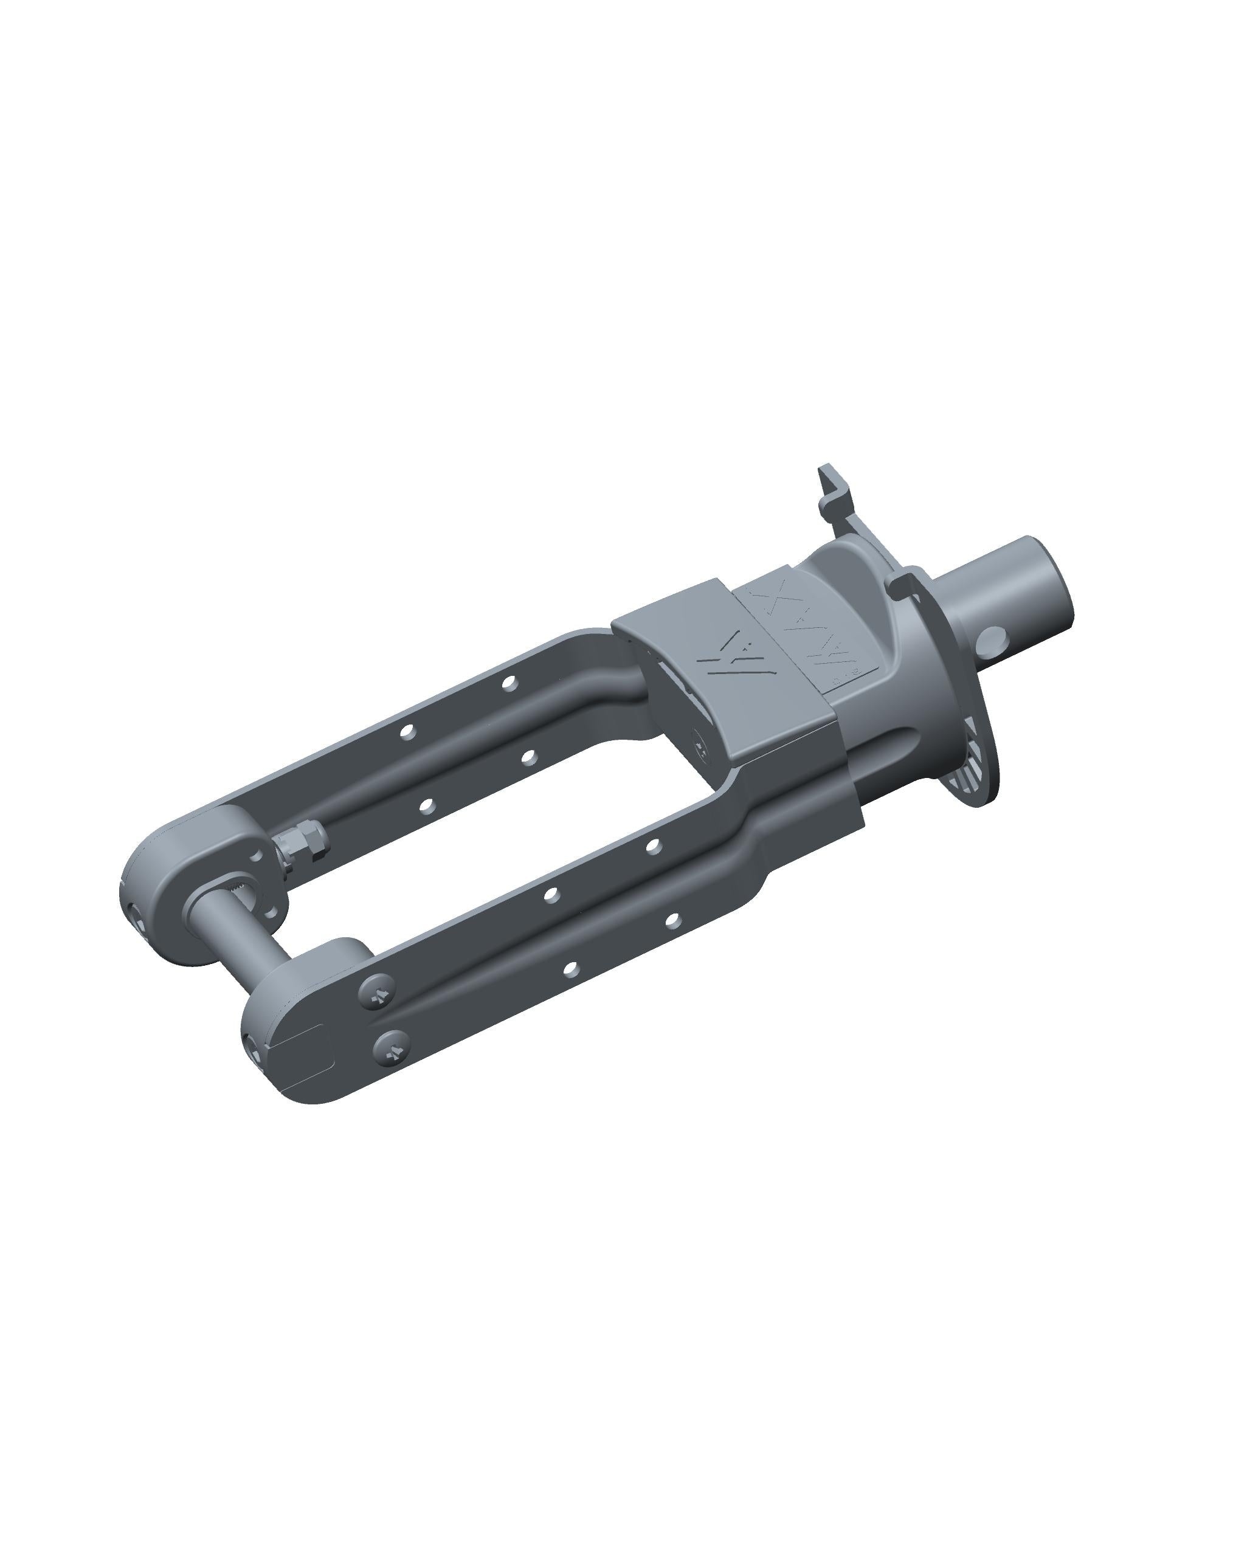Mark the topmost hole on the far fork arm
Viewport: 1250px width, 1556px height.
509,681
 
